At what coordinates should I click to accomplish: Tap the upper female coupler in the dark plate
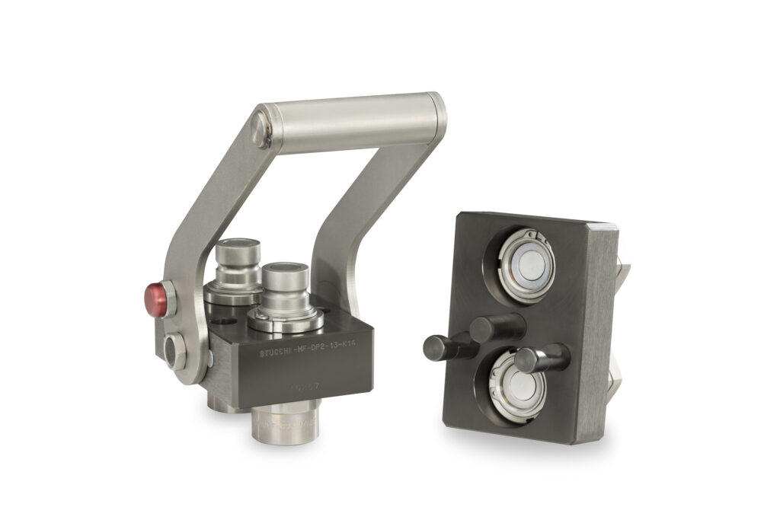tap(527, 265)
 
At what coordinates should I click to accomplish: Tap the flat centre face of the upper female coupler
tap(527, 265)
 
